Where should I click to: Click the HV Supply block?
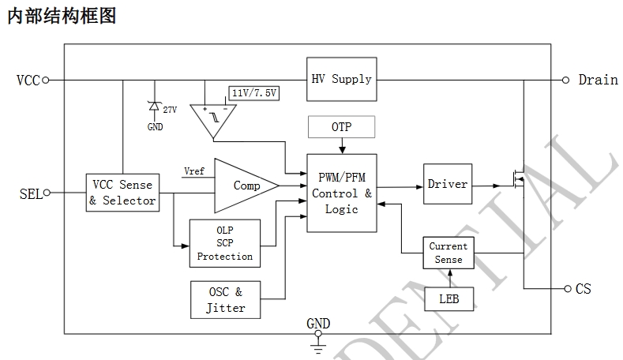[341, 79]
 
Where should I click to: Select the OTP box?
[341, 127]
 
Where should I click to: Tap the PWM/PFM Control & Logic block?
[341, 193]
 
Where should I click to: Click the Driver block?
[447, 185]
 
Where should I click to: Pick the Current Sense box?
[448, 253]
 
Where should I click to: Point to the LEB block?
[448, 300]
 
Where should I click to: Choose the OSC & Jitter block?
[226, 300]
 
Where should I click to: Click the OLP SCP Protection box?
[224, 243]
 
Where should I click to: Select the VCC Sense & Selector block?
[122, 193]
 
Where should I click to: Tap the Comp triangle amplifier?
[245, 186]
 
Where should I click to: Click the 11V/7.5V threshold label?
[255, 92]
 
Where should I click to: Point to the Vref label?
[194, 171]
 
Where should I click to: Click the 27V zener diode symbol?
[155, 107]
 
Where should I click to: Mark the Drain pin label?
[598, 80]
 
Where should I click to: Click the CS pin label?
[583, 289]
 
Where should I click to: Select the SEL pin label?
[30, 193]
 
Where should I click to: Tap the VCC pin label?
[28, 80]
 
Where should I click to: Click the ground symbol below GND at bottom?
[318, 343]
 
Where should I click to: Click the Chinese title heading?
[62, 16]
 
